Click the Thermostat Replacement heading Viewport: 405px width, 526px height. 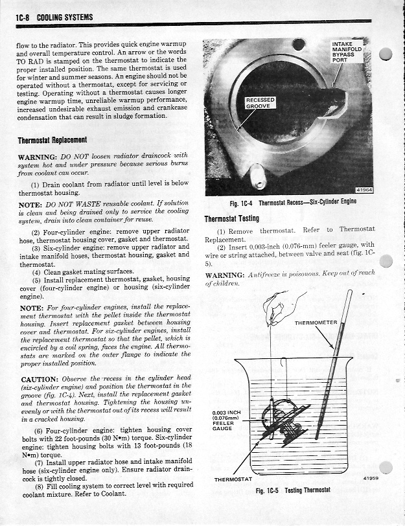[x=52, y=140]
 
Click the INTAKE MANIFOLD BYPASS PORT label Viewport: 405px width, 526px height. [x=349, y=52]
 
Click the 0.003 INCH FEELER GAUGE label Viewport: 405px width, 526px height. [x=226, y=422]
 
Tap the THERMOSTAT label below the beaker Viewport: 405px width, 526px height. [x=233, y=479]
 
